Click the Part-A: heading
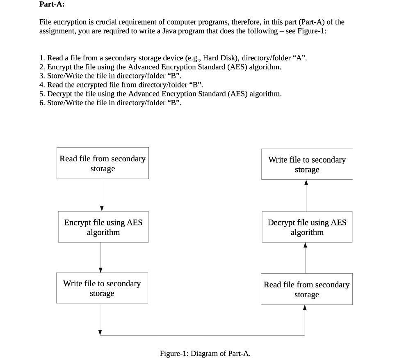tap(52, 5)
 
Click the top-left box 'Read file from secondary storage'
tap(103, 163)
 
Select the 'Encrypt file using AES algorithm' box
tap(103, 227)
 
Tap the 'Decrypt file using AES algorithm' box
tap(307, 227)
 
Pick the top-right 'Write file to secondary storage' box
tap(307, 164)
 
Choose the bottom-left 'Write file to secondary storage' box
tap(102, 288)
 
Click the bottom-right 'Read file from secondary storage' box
tap(306, 289)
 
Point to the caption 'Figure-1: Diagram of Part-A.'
tap(205, 353)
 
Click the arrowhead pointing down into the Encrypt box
tap(102, 208)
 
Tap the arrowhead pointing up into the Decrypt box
tap(305, 246)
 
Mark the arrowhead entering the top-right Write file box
tap(306, 183)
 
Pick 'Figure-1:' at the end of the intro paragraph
tap(312, 31)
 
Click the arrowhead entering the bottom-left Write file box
tap(100, 270)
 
